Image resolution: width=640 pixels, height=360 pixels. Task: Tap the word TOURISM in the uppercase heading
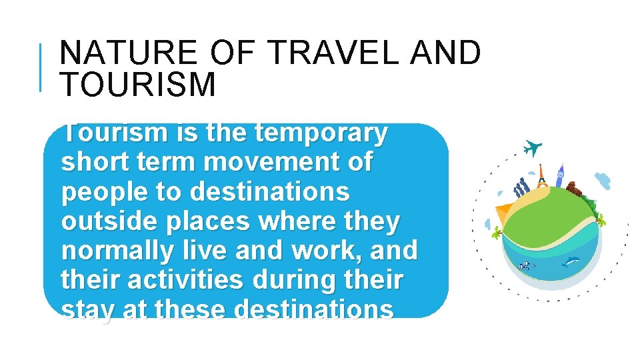pos(138,85)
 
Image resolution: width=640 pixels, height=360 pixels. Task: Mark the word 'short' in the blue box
pos(96,162)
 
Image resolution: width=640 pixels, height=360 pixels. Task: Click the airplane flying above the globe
pos(532,147)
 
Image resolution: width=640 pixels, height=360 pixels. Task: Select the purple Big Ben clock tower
pos(559,175)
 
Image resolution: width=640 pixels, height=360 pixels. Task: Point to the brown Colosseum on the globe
pos(575,190)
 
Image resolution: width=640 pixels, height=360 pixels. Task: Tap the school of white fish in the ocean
pos(527,266)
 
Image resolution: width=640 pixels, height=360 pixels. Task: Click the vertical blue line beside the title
pos(42,67)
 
